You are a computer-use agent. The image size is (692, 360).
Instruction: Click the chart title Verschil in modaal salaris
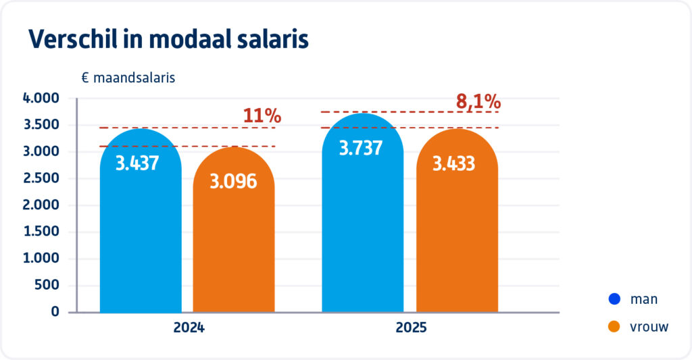coord(168,40)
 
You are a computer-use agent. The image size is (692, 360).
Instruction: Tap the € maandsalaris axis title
coord(128,78)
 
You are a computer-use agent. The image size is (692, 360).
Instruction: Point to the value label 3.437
coord(137,163)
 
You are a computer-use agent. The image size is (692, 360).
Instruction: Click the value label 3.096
coord(233,181)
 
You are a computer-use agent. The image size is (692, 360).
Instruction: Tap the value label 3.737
coord(362,148)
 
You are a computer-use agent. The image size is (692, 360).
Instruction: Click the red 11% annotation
coord(262,115)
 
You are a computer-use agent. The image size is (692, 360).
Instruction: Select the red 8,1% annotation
coord(478,102)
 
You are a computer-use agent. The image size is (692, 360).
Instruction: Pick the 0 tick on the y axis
coord(55,312)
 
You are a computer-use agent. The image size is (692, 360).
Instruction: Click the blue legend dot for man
coord(614,299)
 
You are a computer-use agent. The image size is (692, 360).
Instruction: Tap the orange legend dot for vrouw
coord(614,327)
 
